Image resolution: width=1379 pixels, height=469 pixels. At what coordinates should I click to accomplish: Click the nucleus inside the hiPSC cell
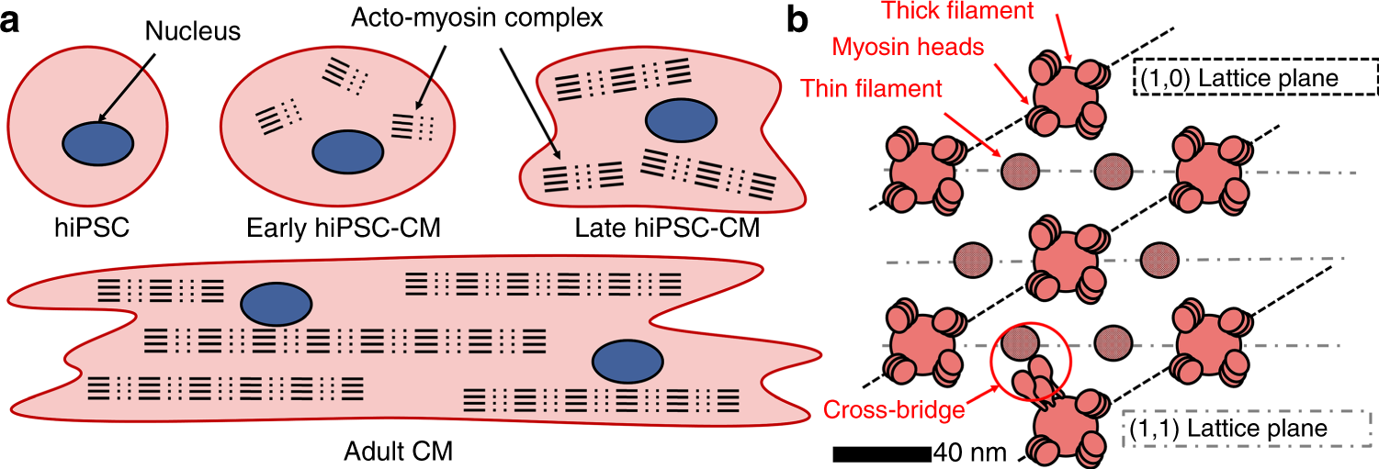click(97, 144)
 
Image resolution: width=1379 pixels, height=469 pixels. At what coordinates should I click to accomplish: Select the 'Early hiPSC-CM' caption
click(342, 226)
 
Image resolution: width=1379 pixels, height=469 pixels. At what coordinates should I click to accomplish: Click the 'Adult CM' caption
click(387, 451)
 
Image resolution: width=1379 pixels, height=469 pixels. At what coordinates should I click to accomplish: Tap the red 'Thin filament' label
click(871, 88)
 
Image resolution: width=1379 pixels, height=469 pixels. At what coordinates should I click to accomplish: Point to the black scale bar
click(882, 452)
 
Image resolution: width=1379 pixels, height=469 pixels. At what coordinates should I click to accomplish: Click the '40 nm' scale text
click(969, 452)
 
